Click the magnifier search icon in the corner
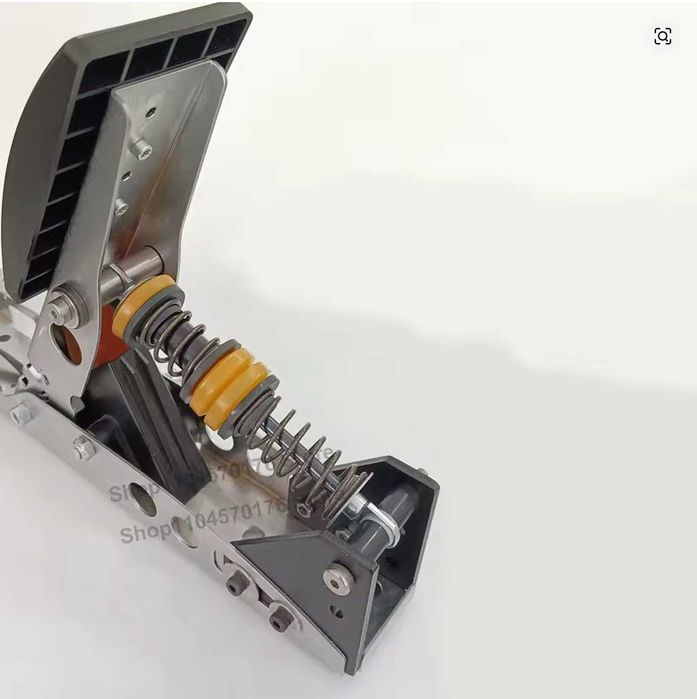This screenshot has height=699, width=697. pyautogui.click(x=662, y=37)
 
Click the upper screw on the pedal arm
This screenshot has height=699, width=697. pyautogui.click(x=143, y=150)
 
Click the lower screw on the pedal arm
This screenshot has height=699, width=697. pyautogui.click(x=121, y=207)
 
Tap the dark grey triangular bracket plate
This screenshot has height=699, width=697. pyautogui.click(x=310, y=560)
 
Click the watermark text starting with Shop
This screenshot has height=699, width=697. pyautogui.click(x=200, y=520)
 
